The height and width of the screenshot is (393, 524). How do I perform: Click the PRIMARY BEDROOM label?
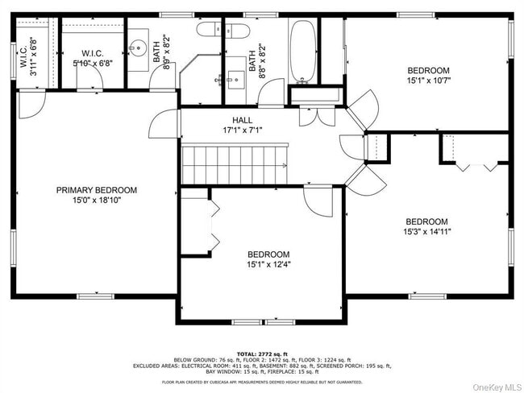click(96, 190)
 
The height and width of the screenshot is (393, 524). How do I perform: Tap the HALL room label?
click(231, 119)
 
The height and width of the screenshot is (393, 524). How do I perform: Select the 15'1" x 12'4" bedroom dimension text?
click(268, 264)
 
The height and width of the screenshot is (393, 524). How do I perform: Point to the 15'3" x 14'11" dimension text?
click(427, 232)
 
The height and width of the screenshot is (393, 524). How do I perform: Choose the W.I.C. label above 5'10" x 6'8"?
click(93, 53)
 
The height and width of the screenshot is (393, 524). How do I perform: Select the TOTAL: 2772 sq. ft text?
click(262, 354)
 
